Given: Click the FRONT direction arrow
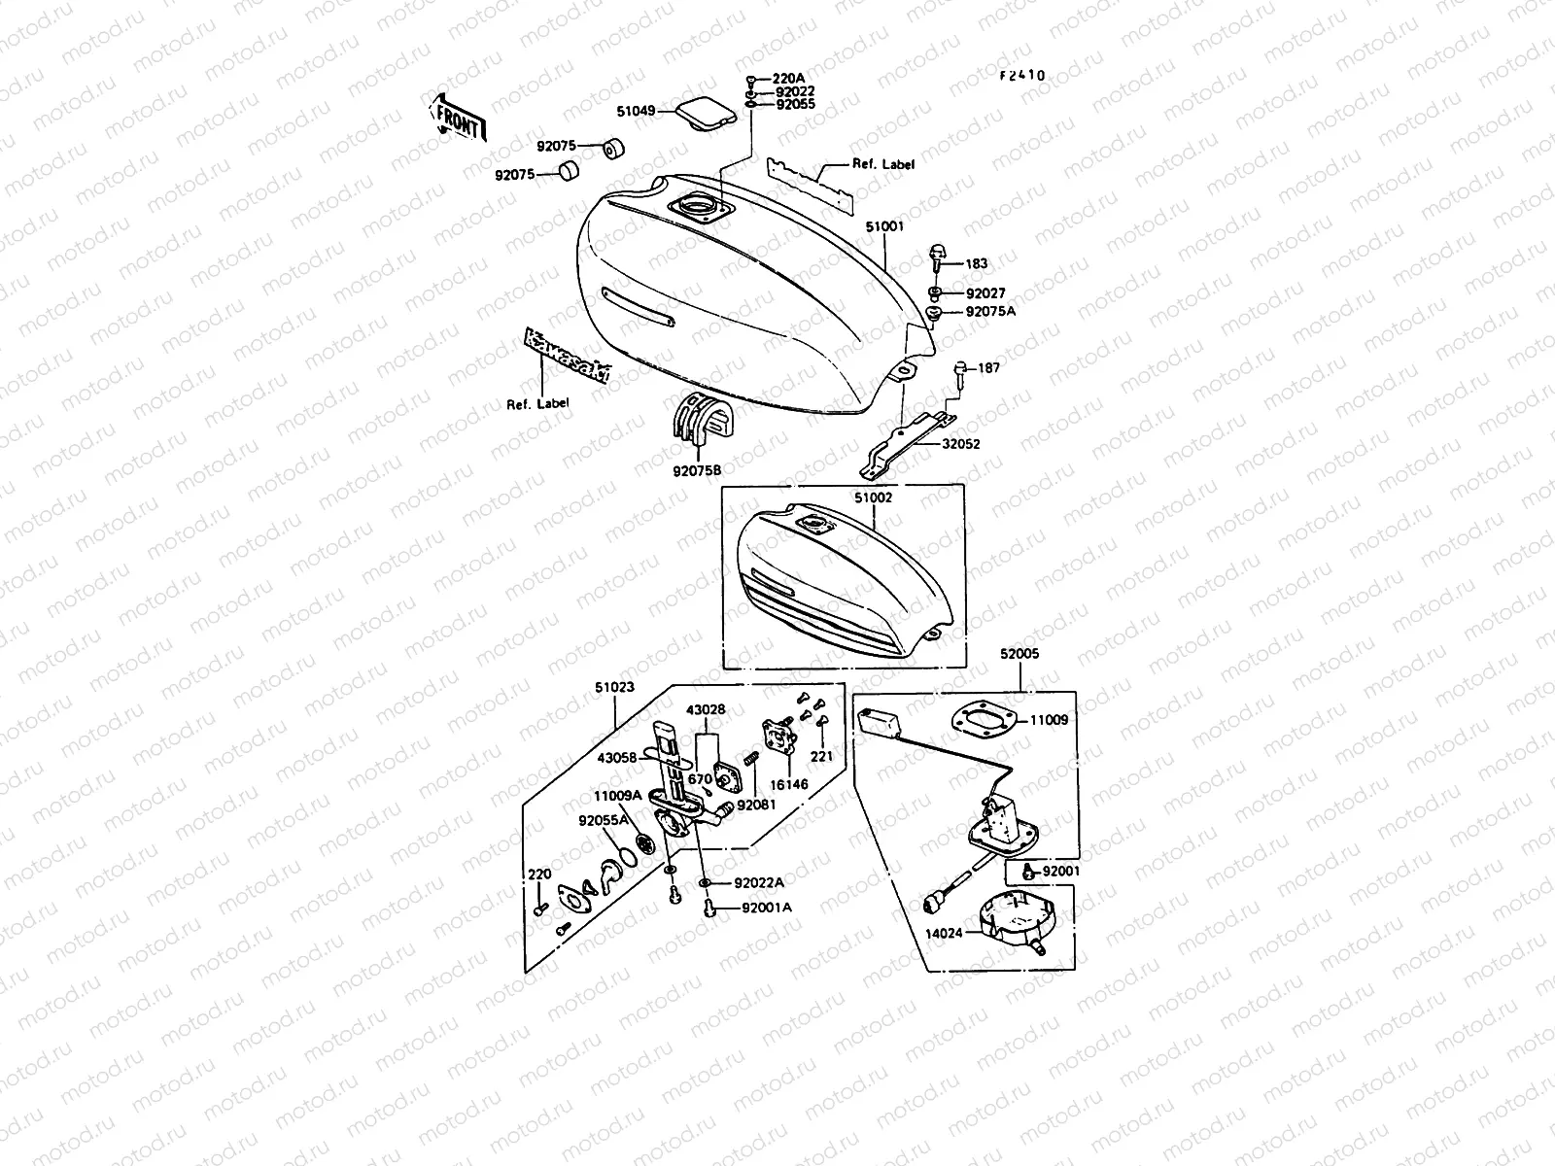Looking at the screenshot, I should point(456,116).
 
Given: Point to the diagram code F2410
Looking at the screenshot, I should point(1021,75).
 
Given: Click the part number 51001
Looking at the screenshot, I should point(885,226).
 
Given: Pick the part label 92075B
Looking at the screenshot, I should point(697,471).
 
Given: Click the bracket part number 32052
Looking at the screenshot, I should point(960,443).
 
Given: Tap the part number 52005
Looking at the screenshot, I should point(1019,654).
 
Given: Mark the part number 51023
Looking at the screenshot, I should point(614,687).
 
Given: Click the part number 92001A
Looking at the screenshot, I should point(767,908).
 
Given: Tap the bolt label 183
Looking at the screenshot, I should point(976,263).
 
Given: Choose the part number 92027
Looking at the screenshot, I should point(985,292).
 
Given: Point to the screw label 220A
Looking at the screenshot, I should point(788,79).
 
